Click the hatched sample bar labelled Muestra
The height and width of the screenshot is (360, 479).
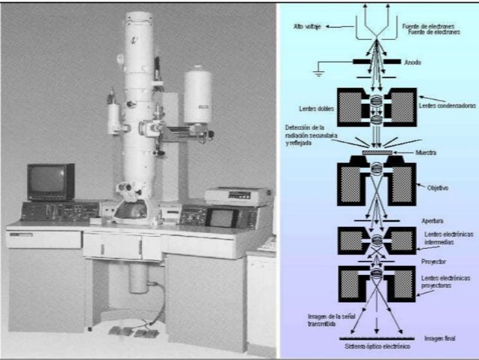coord(377,152)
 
